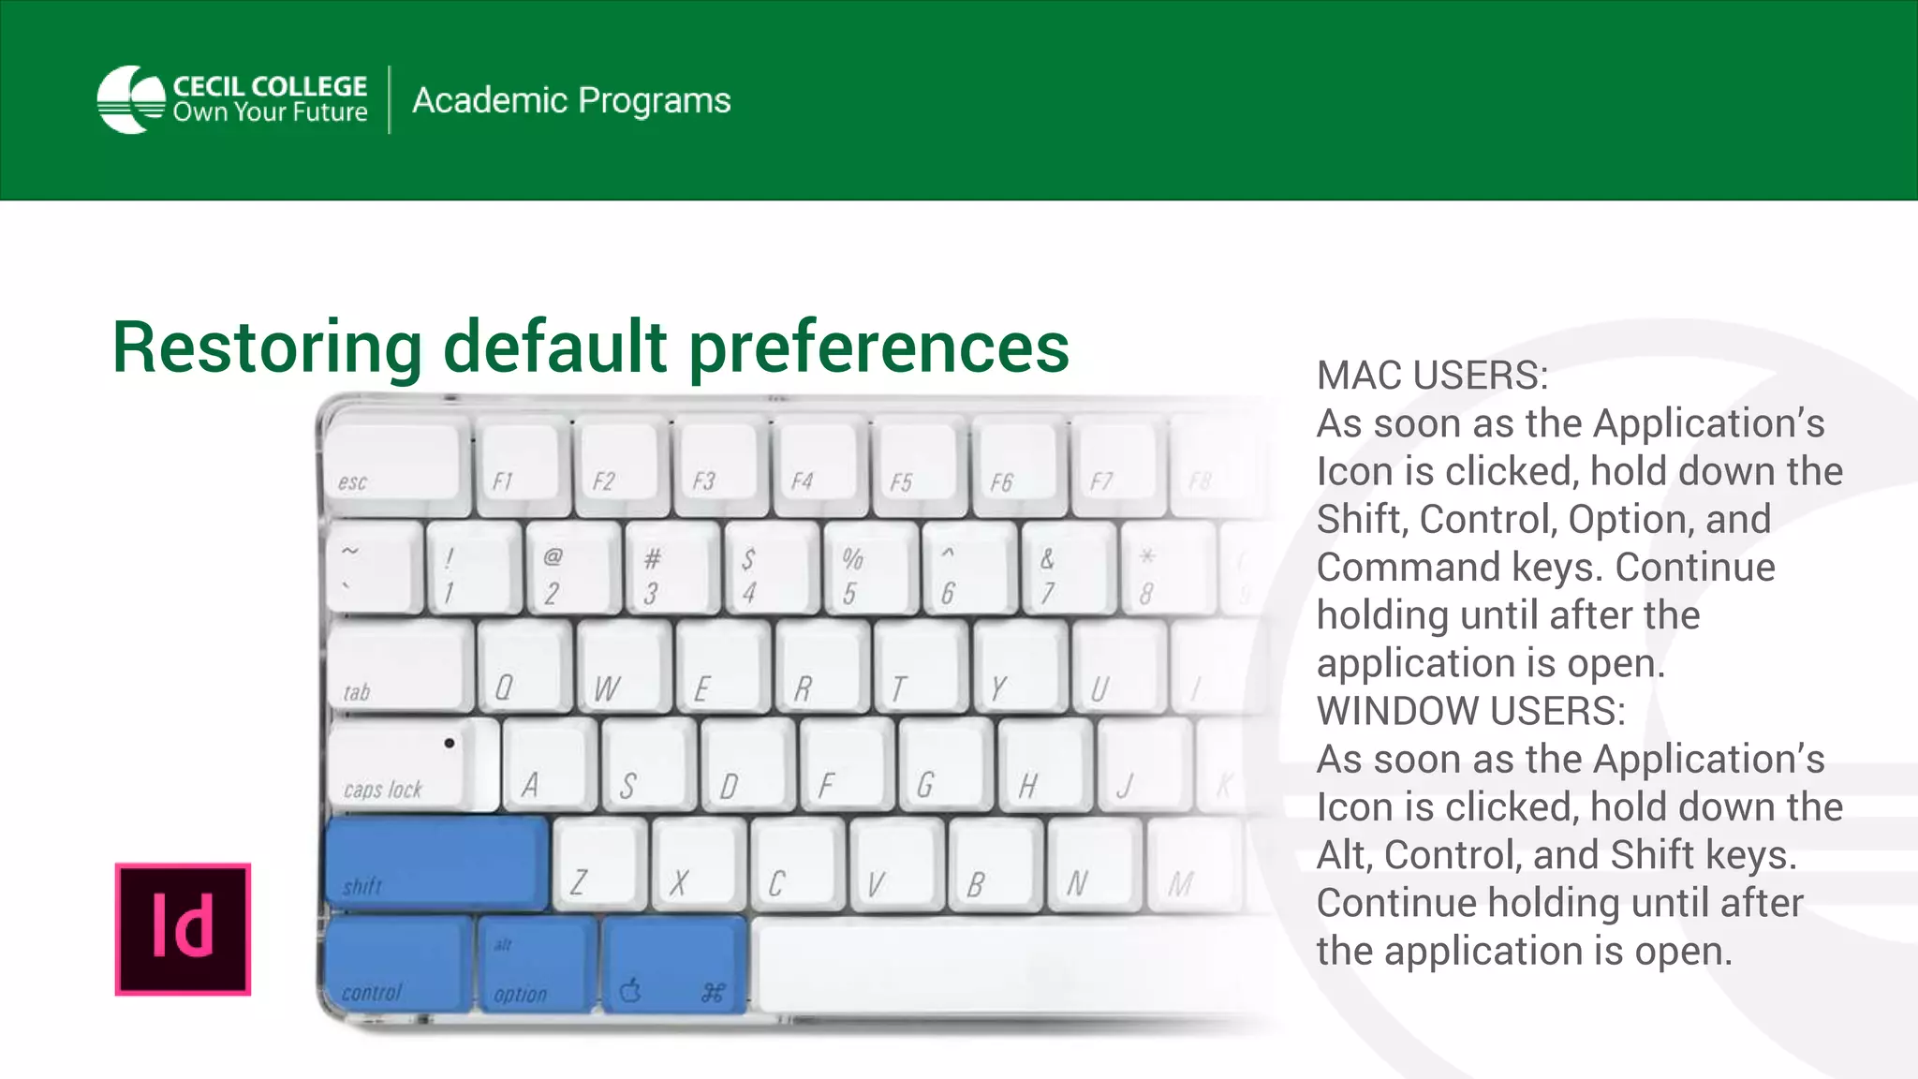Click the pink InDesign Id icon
click(183, 928)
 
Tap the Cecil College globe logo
click(131, 99)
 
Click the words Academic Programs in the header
click(571, 100)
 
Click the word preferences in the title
click(878, 347)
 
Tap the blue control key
click(398, 965)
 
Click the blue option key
click(537, 965)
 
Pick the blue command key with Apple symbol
click(673, 965)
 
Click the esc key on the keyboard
click(396, 468)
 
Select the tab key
click(398, 665)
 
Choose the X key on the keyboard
click(698, 864)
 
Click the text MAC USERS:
click(1432, 376)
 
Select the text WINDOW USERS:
click(1470, 711)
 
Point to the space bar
click(1002, 965)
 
